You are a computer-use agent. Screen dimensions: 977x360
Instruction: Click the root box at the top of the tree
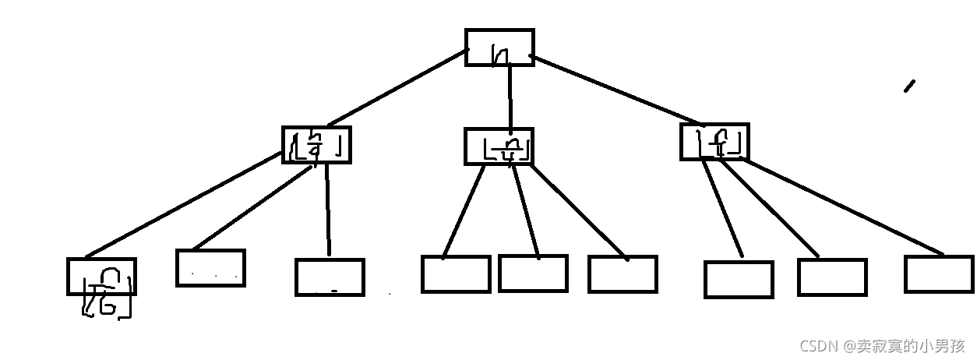499,48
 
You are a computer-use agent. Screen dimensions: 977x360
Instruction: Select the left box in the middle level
316,145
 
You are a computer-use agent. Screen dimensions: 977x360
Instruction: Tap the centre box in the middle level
499,146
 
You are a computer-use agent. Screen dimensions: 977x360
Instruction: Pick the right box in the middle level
714,142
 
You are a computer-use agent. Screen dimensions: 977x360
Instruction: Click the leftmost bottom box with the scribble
102,277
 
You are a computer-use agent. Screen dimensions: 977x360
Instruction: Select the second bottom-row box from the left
210,268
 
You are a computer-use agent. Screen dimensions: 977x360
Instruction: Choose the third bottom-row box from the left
330,277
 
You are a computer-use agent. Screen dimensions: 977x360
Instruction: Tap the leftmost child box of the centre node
456,274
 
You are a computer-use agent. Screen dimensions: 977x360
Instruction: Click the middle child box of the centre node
533,274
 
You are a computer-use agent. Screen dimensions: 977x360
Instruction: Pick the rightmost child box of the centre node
623,274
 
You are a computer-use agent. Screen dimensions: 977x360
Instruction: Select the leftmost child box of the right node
739,280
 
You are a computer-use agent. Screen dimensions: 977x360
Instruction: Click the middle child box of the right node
832,277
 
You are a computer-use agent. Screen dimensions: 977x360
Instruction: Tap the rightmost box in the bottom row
939,274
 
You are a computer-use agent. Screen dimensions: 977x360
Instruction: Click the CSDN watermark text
882,345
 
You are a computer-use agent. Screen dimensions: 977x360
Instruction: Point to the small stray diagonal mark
909,86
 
